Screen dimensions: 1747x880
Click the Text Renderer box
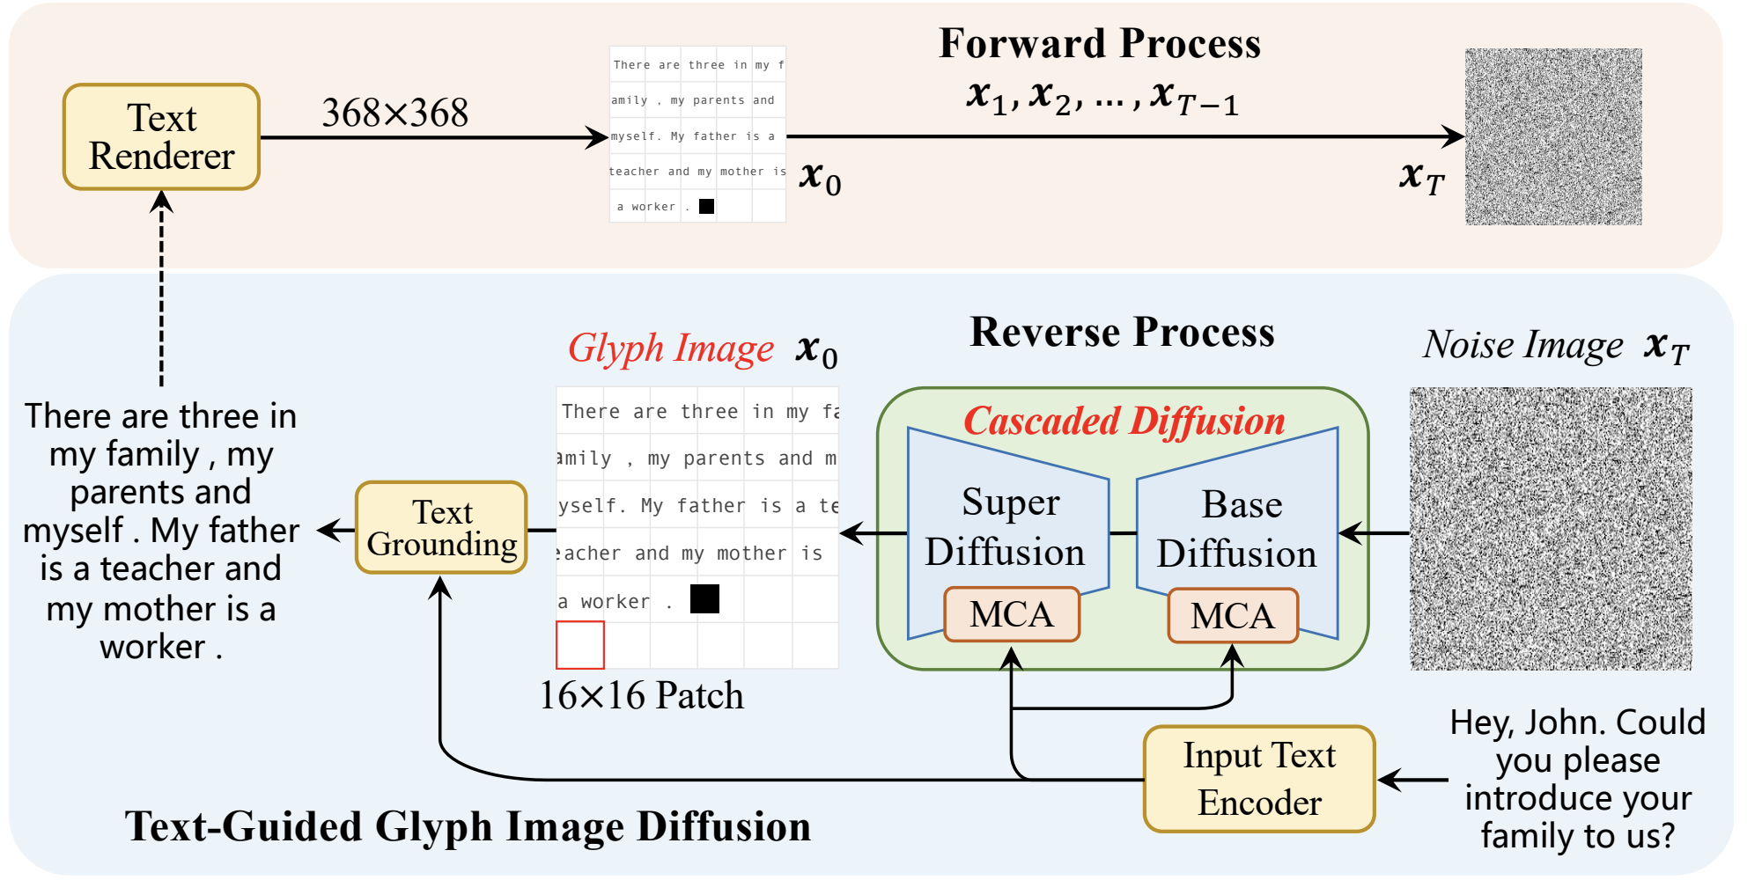pyautogui.click(x=161, y=136)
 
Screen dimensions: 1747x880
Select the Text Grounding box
pyautogui.click(x=441, y=527)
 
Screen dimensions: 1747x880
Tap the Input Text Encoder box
pyautogui.click(x=1259, y=779)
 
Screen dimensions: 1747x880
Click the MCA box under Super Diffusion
pyautogui.click(x=1012, y=614)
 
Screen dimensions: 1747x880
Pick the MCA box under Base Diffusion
pyautogui.click(x=1233, y=615)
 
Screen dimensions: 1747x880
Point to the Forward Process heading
pyautogui.click(x=1100, y=43)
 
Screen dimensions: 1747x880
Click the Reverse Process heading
pyautogui.click(x=1122, y=332)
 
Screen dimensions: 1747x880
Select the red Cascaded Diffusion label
pyautogui.click(x=1124, y=421)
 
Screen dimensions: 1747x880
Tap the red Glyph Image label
pyautogui.click(x=671, y=348)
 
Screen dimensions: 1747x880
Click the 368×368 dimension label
pyautogui.click(x=394, y=113)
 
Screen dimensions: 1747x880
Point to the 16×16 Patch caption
pyautogui.click(x=641, y=695)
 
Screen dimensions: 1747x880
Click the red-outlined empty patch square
pyautogui.click(x=580, y=645)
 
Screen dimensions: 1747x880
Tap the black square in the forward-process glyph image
pyautogui.click(x=706, y=207)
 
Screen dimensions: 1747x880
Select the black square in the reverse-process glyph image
pyautogui.click(x=704, y=599)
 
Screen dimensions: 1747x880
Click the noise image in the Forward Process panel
pyautogui.click(x=1553, y=136)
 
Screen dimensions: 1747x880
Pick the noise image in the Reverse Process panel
pyautogui.click(x=1551, y=529)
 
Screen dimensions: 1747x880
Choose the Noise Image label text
pyautogui.click(x=1523, y=344)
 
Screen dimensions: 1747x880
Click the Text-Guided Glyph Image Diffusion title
pyautogui.click(x=468, y=827)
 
